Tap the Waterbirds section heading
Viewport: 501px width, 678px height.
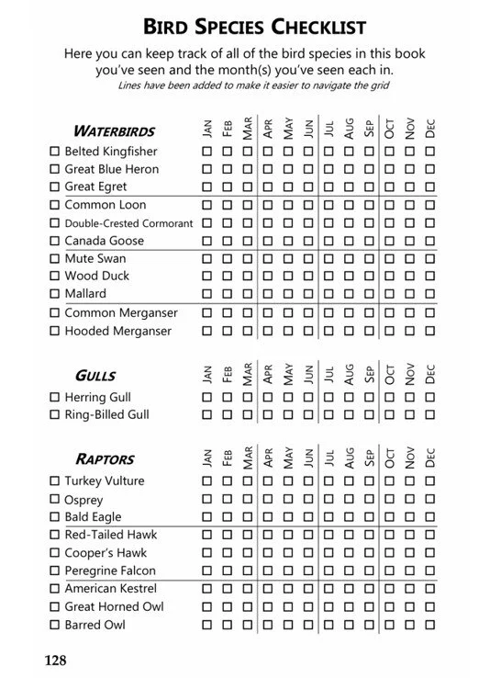click(x=114, y=130)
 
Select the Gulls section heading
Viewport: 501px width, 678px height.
click(x=95, y=376)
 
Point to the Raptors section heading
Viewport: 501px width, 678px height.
click(x=105, y=459)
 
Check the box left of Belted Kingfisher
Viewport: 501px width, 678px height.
click(x=54, y=152)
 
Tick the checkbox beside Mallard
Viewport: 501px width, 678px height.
click(x=54, y=294)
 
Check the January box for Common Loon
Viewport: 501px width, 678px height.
click(x=206, y=205)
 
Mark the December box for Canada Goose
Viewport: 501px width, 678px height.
click(x=431, y=241)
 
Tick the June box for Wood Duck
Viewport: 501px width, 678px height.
click(x=308, y=276)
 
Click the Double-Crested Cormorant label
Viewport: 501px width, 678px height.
click(x=128, y=223)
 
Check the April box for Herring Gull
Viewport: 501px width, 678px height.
click(x=268, y=398)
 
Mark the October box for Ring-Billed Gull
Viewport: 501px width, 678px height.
click(x=390, y=415)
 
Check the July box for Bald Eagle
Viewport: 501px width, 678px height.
click(x=329, y=517)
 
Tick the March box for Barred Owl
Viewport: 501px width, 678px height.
click(x=248, y=625)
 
